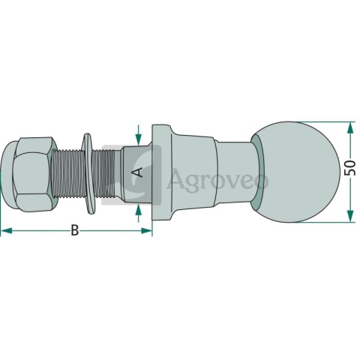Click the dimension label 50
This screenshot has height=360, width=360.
click(349, 168)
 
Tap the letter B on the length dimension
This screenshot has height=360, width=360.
click(74, 230)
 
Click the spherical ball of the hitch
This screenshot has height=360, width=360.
click(297, 172)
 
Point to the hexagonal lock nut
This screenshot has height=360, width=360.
click(35, 174)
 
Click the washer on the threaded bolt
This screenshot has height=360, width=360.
click(88, 173)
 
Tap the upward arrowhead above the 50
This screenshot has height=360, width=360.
click(351, 127)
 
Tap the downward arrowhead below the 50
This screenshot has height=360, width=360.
click(351, 216)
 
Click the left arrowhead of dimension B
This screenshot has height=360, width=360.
click(7, 230)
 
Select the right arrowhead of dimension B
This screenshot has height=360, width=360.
click(146, 230)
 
